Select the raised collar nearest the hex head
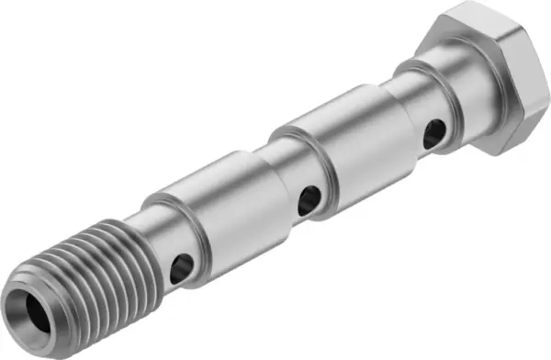[x=340, y=147]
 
